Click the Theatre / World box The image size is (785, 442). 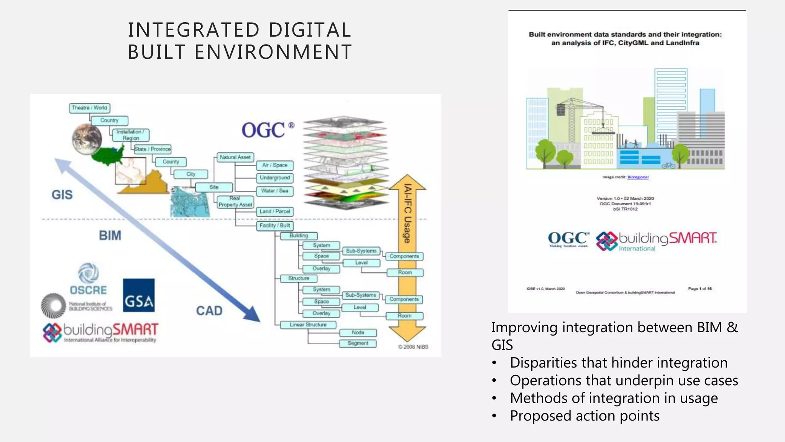click(x=90, y=108)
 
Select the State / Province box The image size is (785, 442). click(x=153, y=149)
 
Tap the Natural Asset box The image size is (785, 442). click(x=235, y=157)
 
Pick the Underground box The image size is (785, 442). click(x=275, y=178)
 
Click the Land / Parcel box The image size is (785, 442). click(x=275, y=211)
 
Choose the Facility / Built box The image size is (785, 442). click(x=275, y=226)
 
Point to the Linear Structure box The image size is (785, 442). click(x=308, y=325)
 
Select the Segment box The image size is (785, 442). click(x=358, y=343)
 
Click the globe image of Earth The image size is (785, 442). click(x=87, y=139)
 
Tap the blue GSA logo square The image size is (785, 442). click(x=139, y=295)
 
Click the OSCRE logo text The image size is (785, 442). click(x=88, y=290)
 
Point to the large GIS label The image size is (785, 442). click(x=62, y=195)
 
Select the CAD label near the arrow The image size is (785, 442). click(x=209, y=310)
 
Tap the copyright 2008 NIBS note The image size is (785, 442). click(x=413, y=347)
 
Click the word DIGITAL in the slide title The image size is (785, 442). click(x=310, y=30)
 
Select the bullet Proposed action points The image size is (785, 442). click(x=585, y=416)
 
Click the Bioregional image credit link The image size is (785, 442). click(x=638, y=177)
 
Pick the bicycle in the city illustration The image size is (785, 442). click(x=668, y=165)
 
